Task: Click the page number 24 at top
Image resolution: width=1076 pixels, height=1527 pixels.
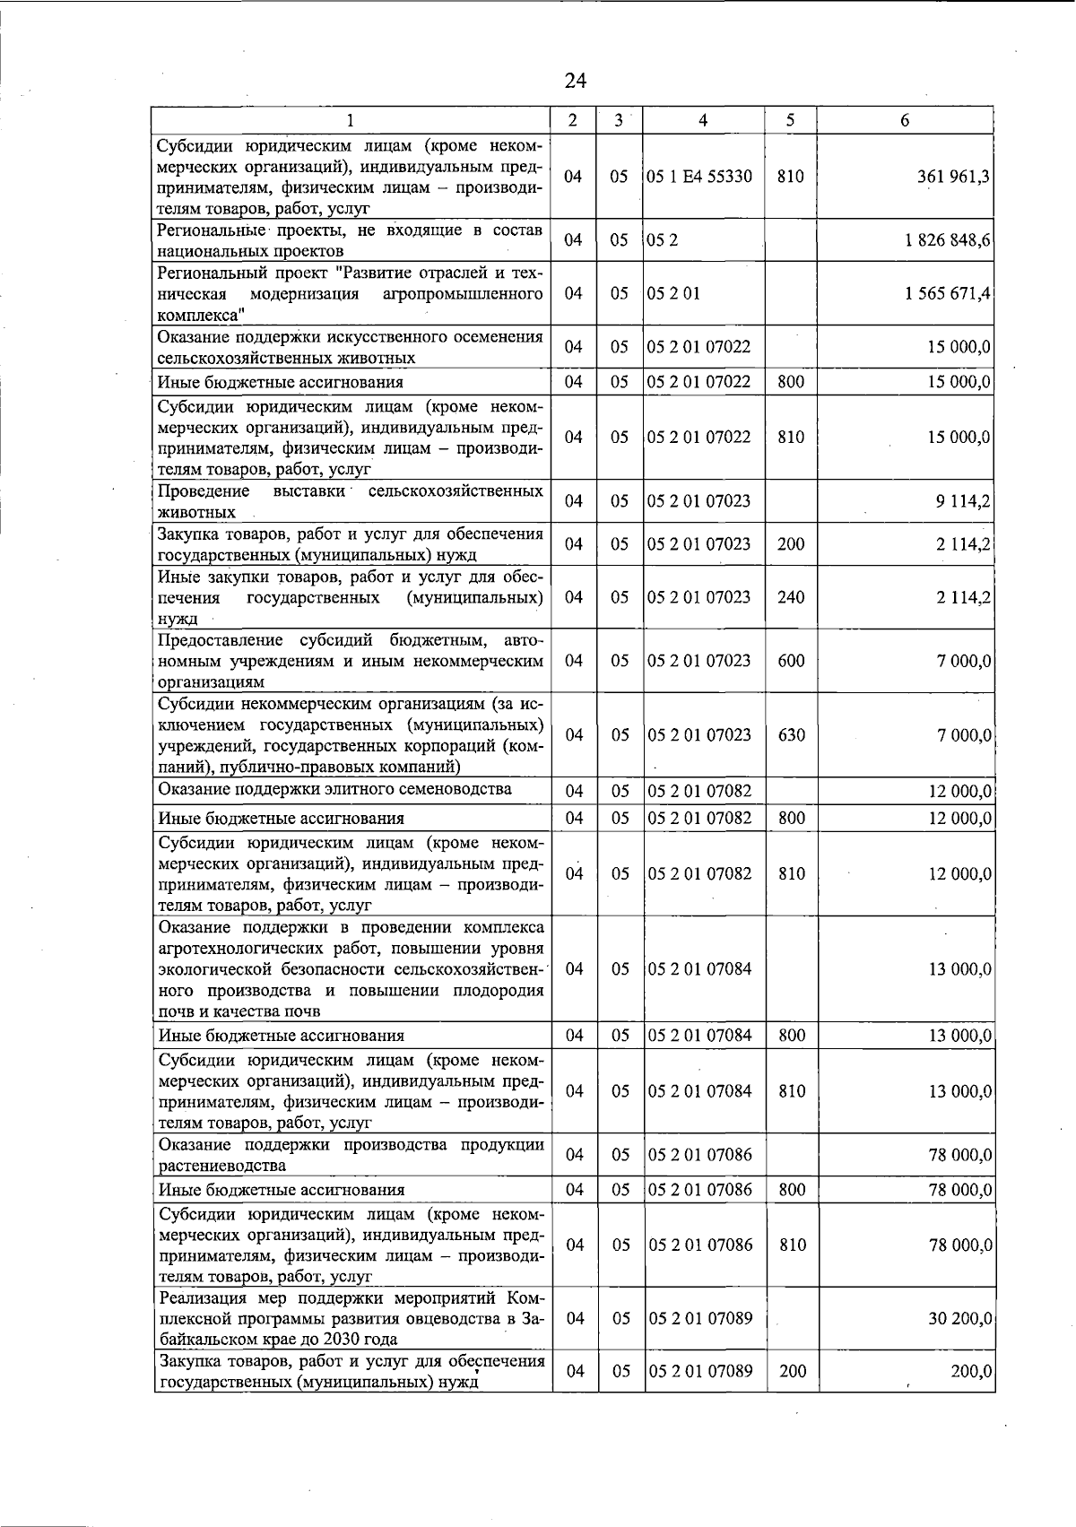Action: click(x=576, y=81)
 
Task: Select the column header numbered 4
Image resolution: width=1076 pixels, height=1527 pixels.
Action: click(x=703, y=120)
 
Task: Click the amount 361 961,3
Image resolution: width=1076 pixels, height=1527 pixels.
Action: click(x=953, y=177)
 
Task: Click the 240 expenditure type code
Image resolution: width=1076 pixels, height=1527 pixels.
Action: click(x=790, y=597)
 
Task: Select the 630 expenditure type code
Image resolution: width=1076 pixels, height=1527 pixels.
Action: click(x=791, y=735)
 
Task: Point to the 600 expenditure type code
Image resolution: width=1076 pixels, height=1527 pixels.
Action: click(x=791, y=661)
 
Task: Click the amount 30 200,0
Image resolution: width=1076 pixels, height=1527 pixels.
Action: click(x=959, y=1318)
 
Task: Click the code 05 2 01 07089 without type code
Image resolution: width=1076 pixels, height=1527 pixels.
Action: click(x=700, y=1318)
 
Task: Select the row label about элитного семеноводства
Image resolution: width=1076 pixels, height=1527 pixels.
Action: click(x=334, y=789)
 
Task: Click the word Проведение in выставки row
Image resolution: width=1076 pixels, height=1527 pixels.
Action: click(x=204, y=491)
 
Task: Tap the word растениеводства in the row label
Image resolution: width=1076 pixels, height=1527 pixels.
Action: click(x=221, y=1166)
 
